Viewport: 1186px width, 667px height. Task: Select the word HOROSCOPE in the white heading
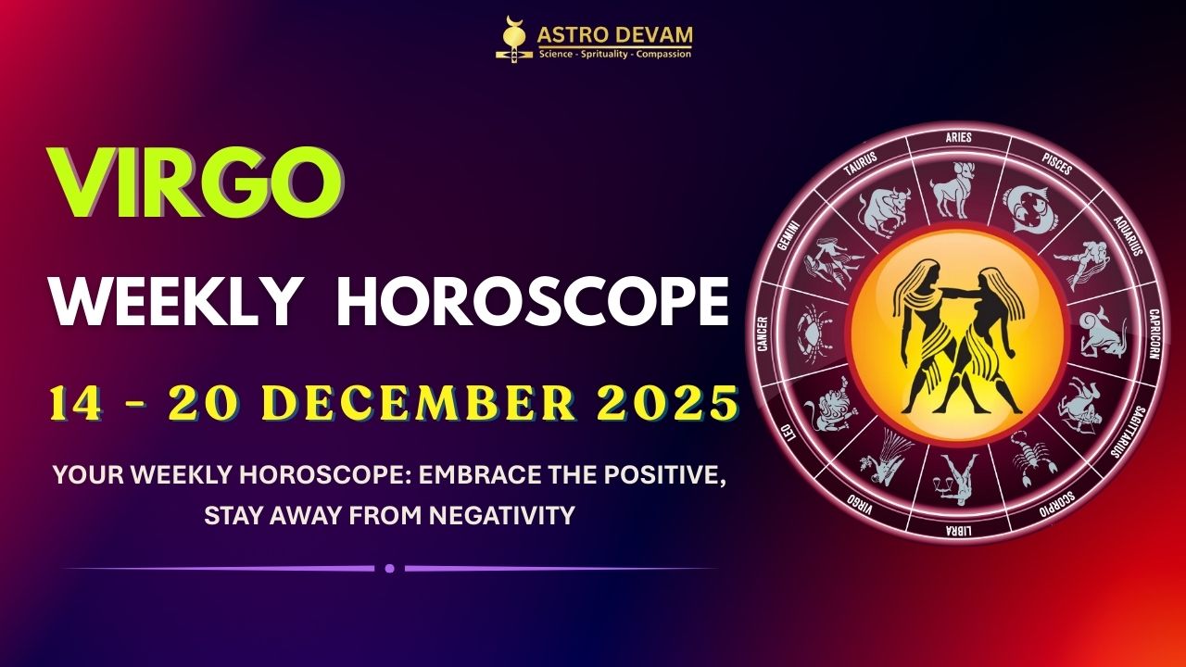532,302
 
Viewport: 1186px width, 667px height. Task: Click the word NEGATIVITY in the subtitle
502,515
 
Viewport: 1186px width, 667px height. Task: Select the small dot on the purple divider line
389,568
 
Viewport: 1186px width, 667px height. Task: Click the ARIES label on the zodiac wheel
958,138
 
